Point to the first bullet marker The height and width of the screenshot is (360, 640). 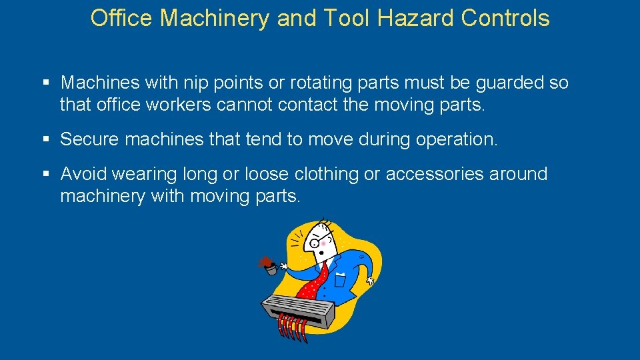tap(46, 83)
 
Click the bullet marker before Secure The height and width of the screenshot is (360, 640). tap(46, 139)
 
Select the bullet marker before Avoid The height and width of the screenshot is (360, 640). tap(46, 175)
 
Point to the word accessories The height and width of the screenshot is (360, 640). tap(435, 174)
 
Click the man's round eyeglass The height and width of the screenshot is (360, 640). tap(315, 243)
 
